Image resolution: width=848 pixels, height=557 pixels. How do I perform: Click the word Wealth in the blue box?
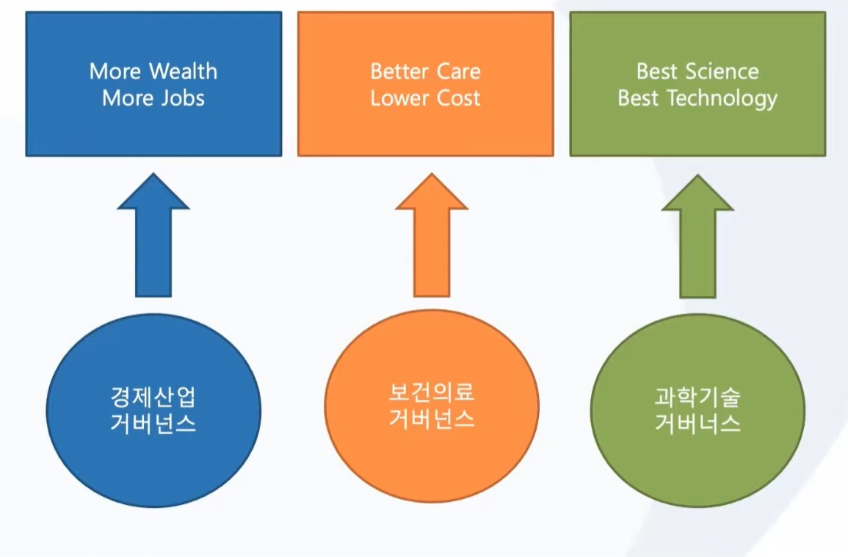183,71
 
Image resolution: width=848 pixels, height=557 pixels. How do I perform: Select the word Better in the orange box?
399,71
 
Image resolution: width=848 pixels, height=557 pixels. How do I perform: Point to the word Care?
459,71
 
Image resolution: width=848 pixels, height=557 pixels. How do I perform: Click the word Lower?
399,98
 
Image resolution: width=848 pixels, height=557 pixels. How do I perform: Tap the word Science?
722,71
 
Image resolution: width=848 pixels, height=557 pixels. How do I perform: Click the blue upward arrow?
153,236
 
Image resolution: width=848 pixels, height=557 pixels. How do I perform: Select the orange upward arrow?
432,236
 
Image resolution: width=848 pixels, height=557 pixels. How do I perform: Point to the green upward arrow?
697,236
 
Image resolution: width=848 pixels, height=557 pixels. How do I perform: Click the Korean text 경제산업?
153,397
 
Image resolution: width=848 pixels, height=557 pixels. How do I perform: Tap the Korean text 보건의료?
432,393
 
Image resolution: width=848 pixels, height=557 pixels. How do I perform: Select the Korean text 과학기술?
697,397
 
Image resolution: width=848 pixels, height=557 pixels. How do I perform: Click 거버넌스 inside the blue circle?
153,423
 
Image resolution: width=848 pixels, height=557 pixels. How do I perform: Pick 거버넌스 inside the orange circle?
432,418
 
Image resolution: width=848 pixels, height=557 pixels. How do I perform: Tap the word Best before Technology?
638,98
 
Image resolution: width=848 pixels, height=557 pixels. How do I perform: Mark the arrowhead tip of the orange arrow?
432,173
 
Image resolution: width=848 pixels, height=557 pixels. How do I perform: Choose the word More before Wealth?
115,71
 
